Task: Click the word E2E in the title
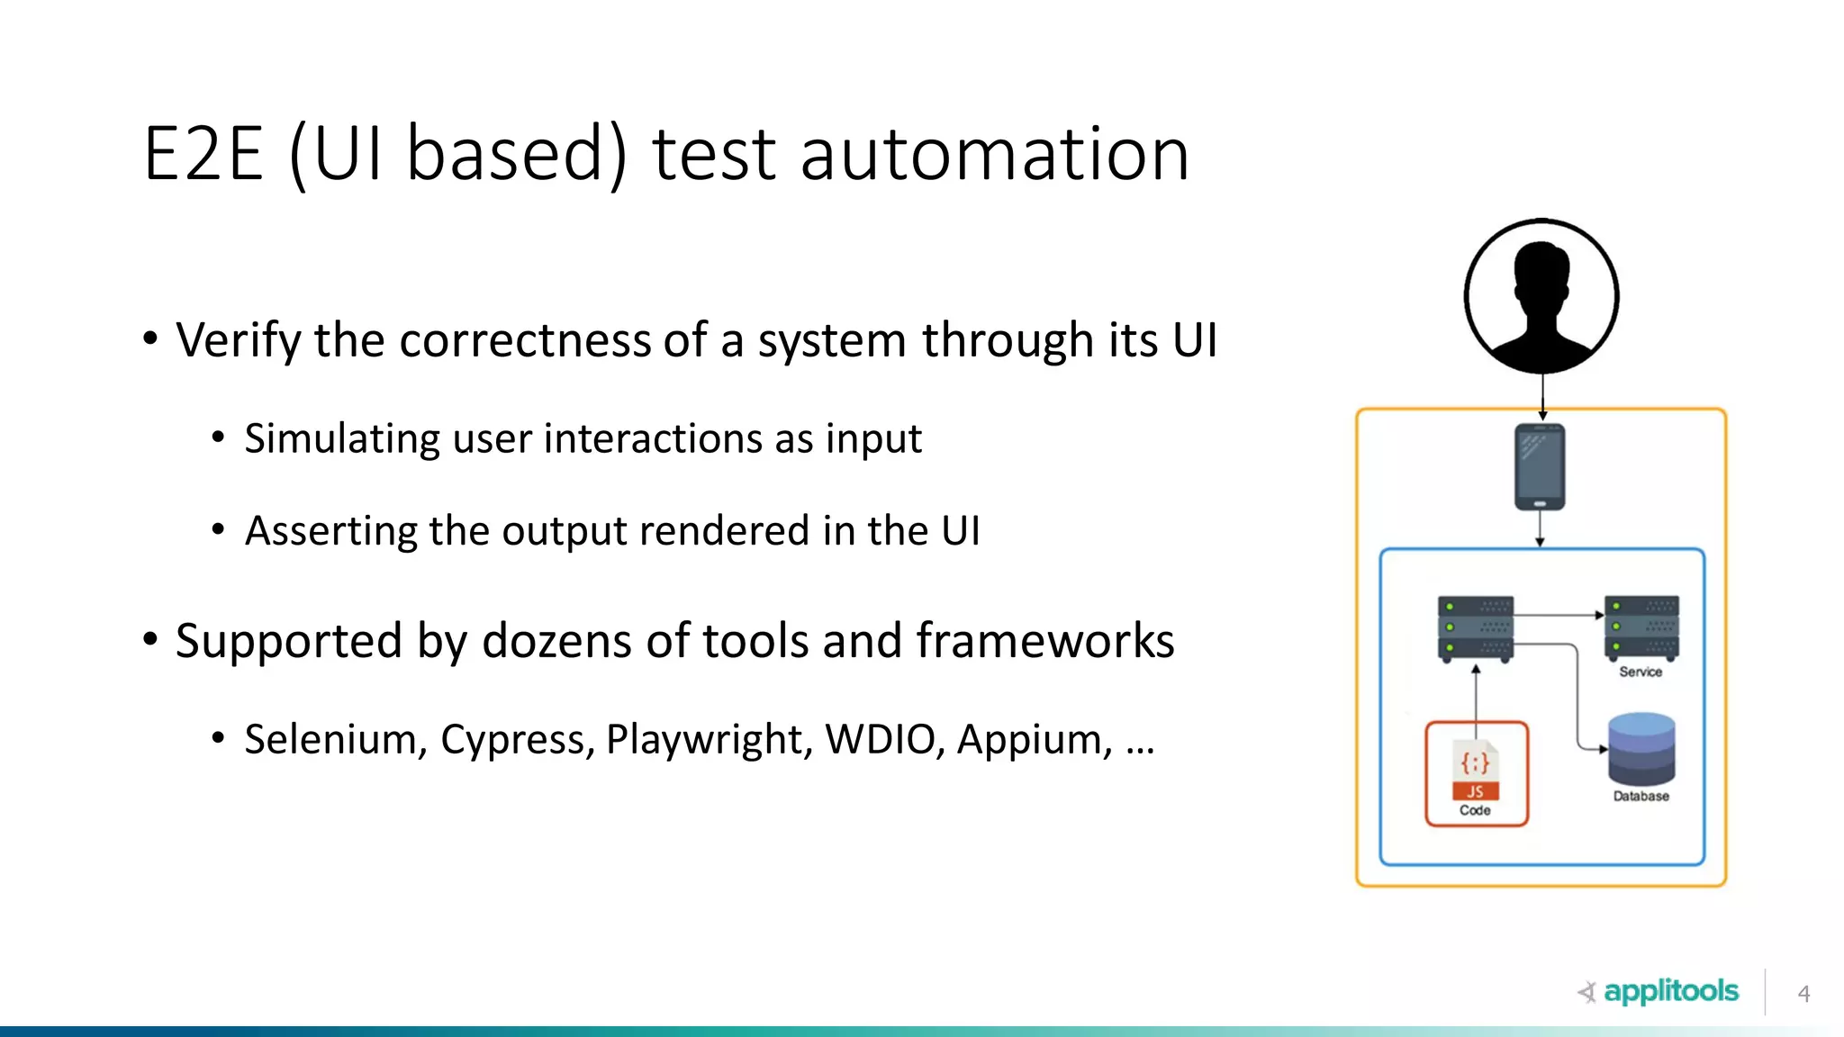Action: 203,154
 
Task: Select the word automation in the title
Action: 994,154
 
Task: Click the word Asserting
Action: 330,531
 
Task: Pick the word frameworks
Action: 1045,642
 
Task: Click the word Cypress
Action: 517,740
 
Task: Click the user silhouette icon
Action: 1541,296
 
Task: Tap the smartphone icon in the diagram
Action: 1540,466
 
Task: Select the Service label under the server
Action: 1641,672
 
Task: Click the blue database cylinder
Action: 1641,749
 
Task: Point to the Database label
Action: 1641,796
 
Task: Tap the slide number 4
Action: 1803,994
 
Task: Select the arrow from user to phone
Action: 1542,396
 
